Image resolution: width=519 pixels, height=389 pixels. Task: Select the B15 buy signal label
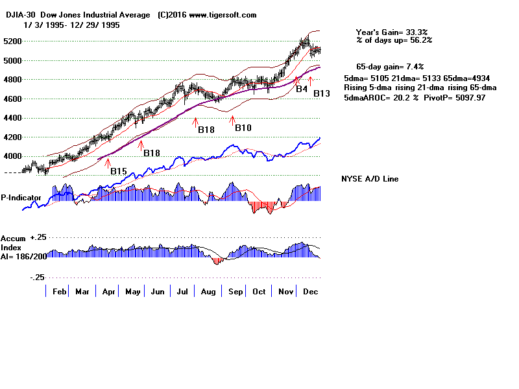pos(118,171)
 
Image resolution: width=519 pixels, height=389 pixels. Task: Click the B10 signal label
pos(243,128)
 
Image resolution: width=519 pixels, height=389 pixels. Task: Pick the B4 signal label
pos(302,89)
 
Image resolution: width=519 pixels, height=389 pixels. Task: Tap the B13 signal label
pos(322,94)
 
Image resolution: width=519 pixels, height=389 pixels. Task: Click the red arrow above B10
pos(232,119)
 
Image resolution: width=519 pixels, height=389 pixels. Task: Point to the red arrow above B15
pos(108,161)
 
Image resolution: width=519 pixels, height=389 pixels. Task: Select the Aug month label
pos(209,292)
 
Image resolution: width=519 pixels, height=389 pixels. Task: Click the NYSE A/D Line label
pos(370,179)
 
